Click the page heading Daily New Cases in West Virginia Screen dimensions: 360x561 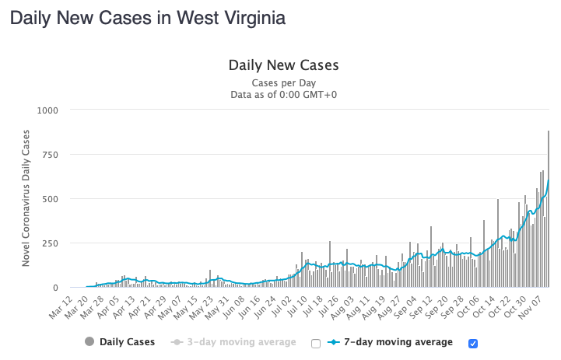pyautogui.click(x=147, y=17)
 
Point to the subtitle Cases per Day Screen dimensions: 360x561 pyautogui.click(x=283, y=82)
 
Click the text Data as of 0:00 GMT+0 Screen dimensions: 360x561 pyautogui.click(x=283, y=95)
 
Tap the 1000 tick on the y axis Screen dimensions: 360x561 pyautogui.click(x=47, y=110)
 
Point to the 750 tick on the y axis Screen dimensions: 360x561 pyautogui.click(x=51, y=155)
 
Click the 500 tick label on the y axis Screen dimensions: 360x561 pyautogui.click(x=51, y=199)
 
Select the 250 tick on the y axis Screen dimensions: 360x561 pyautogui.click(x=51, y=243)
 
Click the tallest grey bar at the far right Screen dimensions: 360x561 pyautogui.click(x=549, y=208)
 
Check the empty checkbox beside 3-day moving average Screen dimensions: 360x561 pyautogui.click(x=316, y=343)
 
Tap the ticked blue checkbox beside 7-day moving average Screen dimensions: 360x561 pyautogui.click(x=473, y=343)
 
